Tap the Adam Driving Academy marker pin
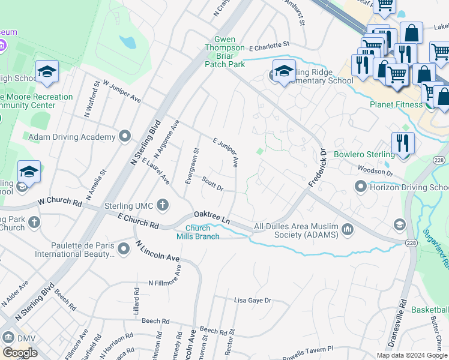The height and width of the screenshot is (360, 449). (x=125, y=137)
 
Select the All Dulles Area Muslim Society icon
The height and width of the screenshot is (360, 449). (x=348, y=229)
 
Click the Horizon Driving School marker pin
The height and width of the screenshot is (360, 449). (x=361, y=187)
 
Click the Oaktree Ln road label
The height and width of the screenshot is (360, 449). (x=211, y=218)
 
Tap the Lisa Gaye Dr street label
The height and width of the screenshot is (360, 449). (x=253, y=300)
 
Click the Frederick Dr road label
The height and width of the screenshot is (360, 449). (x=316, y=169)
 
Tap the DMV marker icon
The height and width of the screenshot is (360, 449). (x=8, y=338)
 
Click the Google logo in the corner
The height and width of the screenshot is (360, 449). (x=20, y=353)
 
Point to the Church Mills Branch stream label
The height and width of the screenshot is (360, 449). (x=197, y=232)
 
